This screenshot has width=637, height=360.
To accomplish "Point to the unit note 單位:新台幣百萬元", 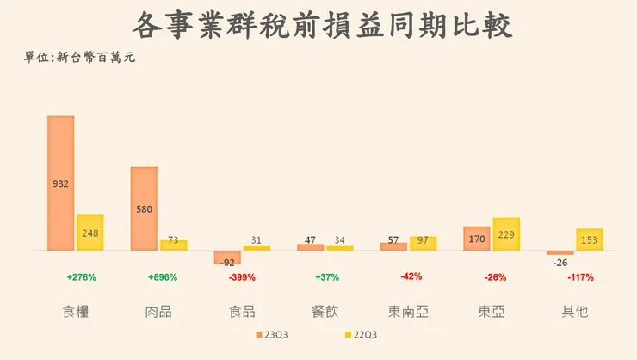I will click(79, 58).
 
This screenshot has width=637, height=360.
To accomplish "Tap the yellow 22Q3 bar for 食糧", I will click(90, 233).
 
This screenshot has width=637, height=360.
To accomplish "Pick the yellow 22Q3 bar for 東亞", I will click(506, 234).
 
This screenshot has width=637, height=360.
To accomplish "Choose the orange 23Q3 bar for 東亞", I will click(476, 239).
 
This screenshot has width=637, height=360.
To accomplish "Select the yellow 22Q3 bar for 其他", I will click(589, 239).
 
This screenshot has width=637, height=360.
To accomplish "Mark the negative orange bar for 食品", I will click(227, 257).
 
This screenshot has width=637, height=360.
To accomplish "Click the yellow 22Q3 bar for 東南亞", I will click(423, 243).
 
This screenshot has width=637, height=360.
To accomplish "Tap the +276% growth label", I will click(81, 277).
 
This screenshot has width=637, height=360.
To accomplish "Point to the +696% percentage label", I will click(162, 277).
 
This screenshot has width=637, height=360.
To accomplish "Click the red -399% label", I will click(242, 277).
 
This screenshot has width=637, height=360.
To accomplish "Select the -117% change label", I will click(580, 277).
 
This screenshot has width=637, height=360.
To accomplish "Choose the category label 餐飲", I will click(325, 311).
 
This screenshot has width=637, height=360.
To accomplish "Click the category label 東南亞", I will click(409, 311).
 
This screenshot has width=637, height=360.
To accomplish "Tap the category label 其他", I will click(575, 311).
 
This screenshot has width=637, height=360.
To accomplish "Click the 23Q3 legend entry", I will click(276, 334).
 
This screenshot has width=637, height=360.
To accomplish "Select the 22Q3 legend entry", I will click(360, 334).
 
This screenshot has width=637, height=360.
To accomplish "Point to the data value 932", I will click(60, 183).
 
